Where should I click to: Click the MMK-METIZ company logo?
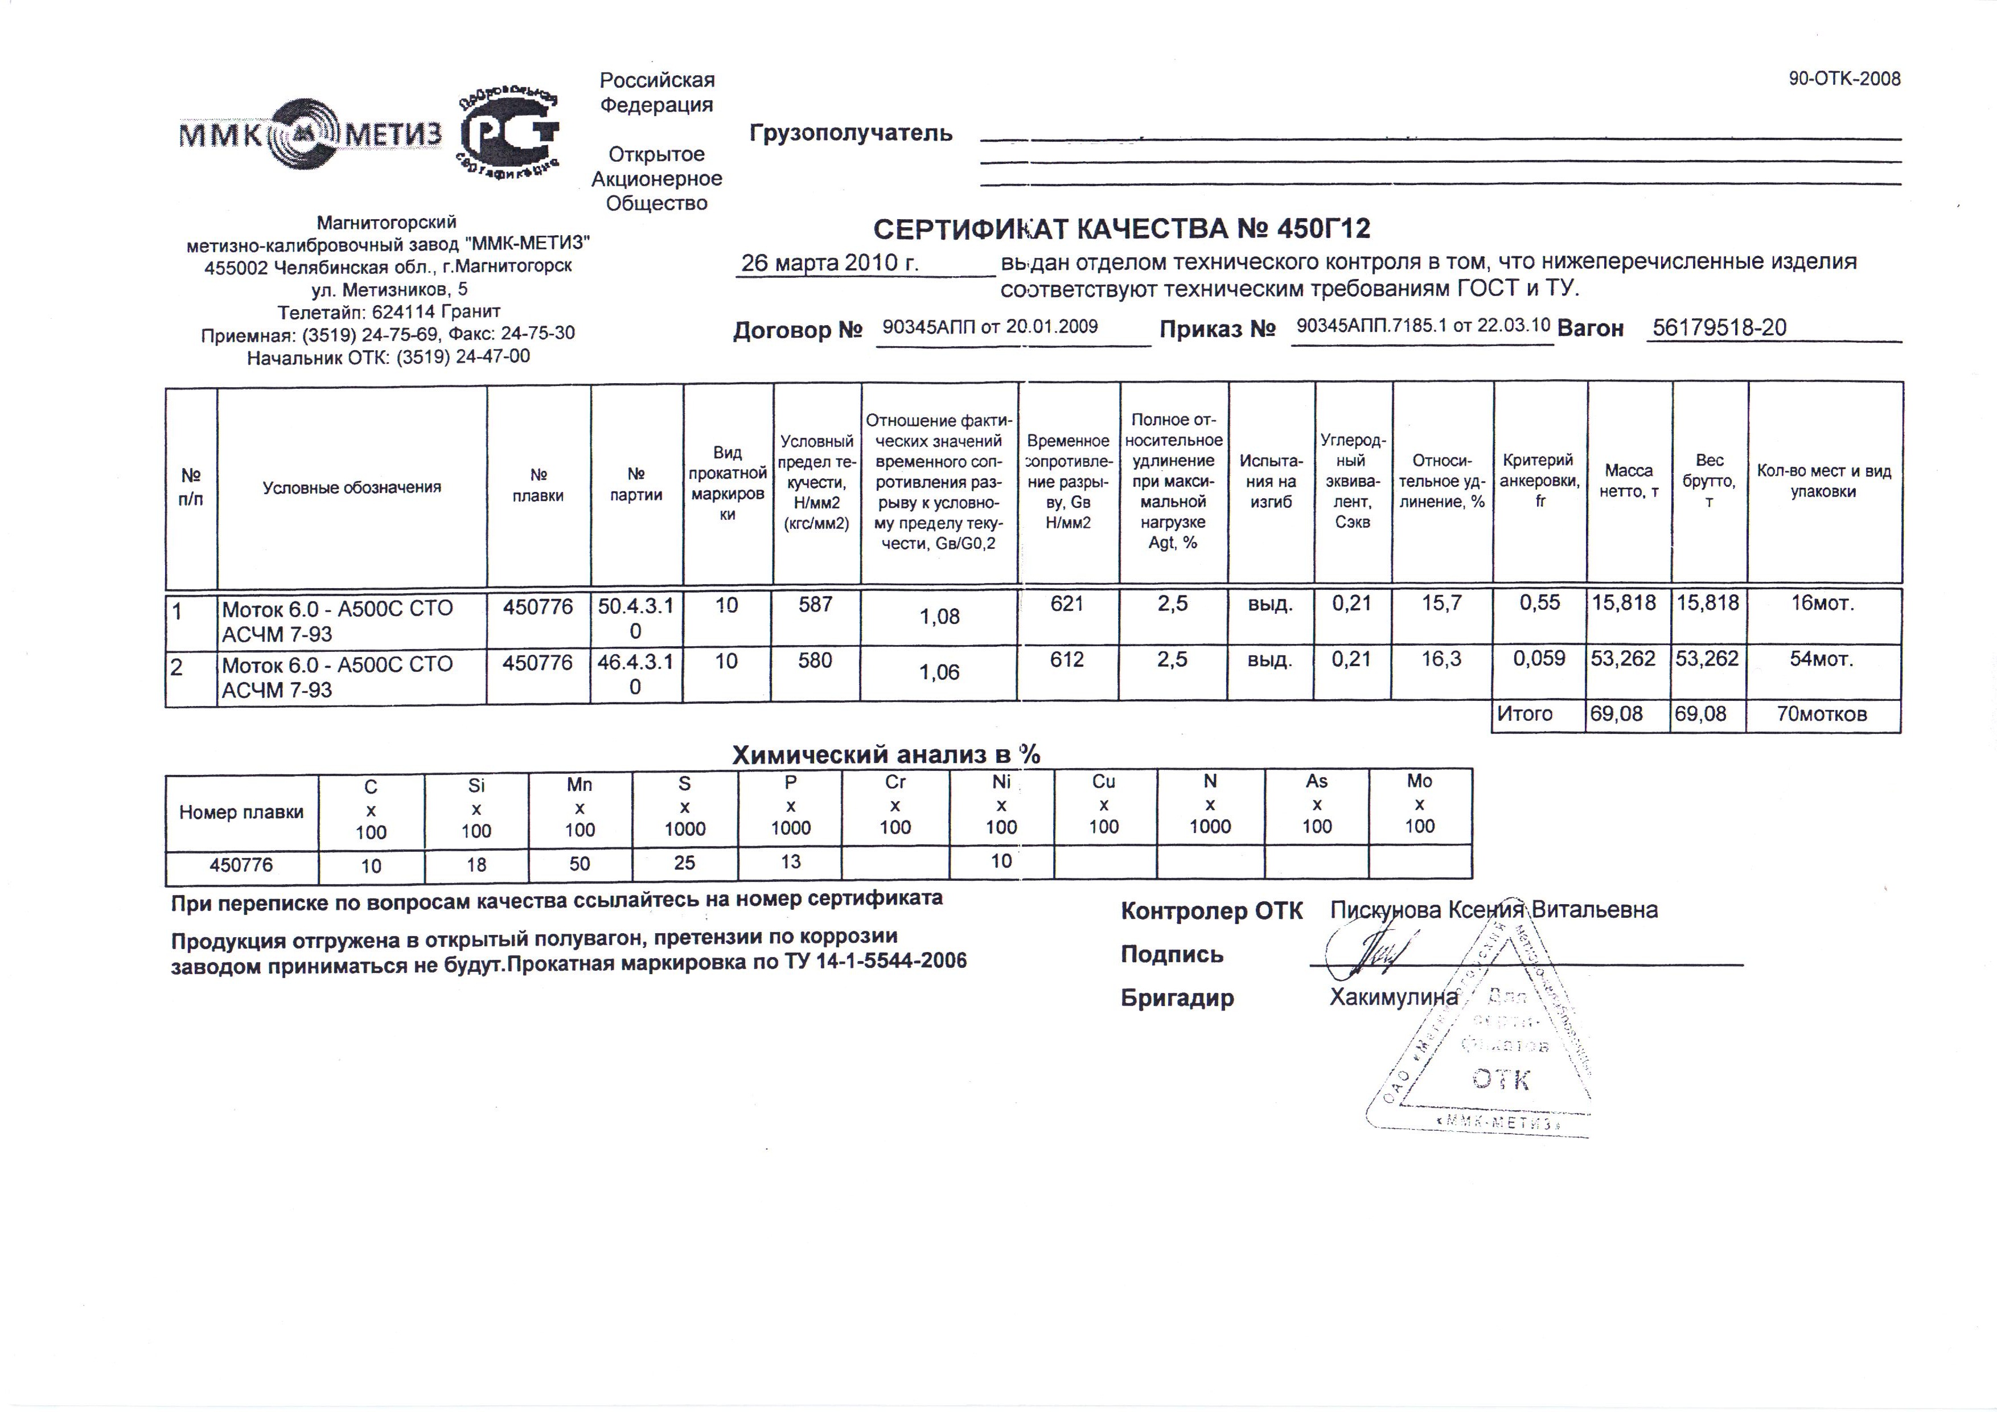click(x=310, y=133)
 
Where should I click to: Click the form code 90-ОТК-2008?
click(x=1844, y=79)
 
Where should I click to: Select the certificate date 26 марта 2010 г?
click(x=830, y=262)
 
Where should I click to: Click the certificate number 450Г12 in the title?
click(x=1324, y=229)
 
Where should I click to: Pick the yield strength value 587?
click(x=816, y=605)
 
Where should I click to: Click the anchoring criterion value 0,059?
click(x=1539, y=659)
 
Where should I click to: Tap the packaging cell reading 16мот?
click(x=1822, y=604)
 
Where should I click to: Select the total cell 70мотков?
click(x=1821, y=715)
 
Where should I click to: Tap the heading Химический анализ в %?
click(x=885, y=755)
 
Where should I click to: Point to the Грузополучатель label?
click(x=850, y=134)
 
